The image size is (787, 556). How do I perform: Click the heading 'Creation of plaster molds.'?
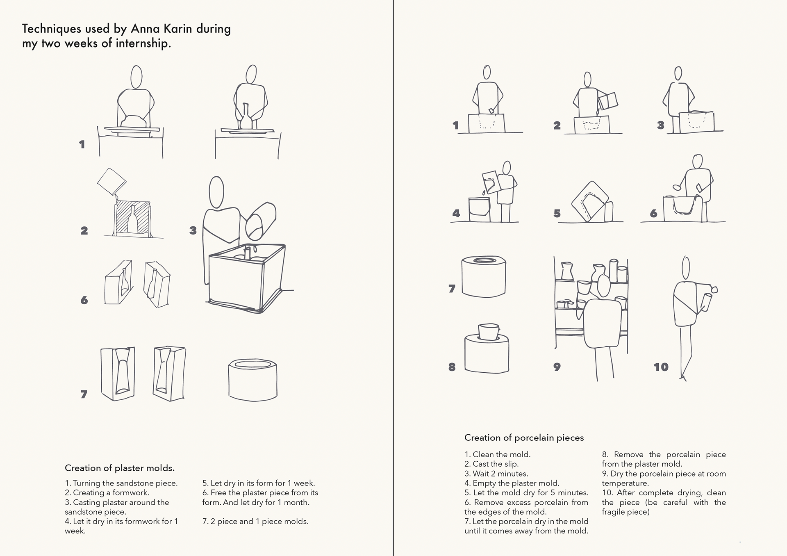tap(120, 468)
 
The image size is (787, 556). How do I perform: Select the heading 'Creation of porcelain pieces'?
tap(524, 438)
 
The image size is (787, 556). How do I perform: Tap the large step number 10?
tap(661, 367)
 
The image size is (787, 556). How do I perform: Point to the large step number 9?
tap(557, 367)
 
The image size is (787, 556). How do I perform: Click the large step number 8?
tap(452, 367)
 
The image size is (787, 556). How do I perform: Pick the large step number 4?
tap(456, 213)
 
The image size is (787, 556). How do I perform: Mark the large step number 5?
tap(557, 213)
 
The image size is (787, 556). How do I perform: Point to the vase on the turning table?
tap(245, 116)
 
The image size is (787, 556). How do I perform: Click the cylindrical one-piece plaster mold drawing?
tap(252, 379)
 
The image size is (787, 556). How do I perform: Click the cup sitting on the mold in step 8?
tap(489, 332)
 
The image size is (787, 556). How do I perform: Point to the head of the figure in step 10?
tap(686, 268)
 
